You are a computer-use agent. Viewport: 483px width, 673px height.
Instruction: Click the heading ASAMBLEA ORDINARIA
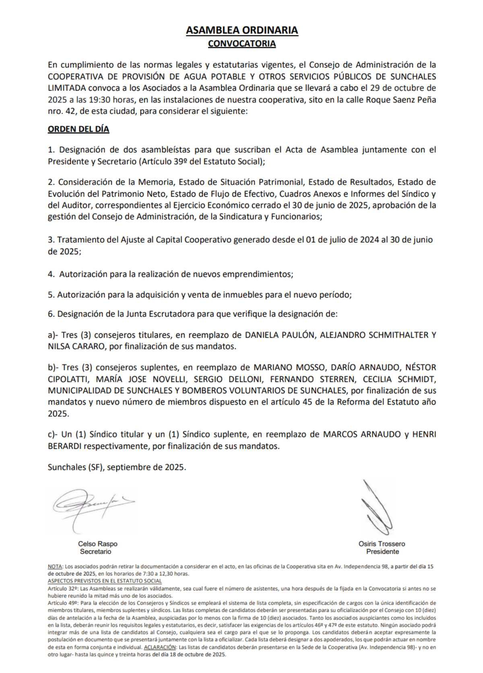(x=242, y=30)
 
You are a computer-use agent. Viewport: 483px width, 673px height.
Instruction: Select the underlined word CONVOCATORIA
(x=242, y=44)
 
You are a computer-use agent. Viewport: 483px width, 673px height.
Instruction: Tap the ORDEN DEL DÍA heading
(x=78, y=129)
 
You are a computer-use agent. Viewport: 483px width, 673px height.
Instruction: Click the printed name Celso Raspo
(x=98, y=544)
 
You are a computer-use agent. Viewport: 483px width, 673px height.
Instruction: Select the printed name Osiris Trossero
(x=382, y=544)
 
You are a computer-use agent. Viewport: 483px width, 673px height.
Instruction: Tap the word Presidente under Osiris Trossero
(x=382, y=552)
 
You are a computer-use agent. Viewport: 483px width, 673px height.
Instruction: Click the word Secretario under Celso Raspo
(x=95, y=552)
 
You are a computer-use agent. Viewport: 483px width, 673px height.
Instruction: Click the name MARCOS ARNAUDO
(x=357, y=434)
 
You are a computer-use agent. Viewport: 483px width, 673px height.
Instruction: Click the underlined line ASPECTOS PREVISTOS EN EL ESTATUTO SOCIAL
(x=105, y=581)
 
